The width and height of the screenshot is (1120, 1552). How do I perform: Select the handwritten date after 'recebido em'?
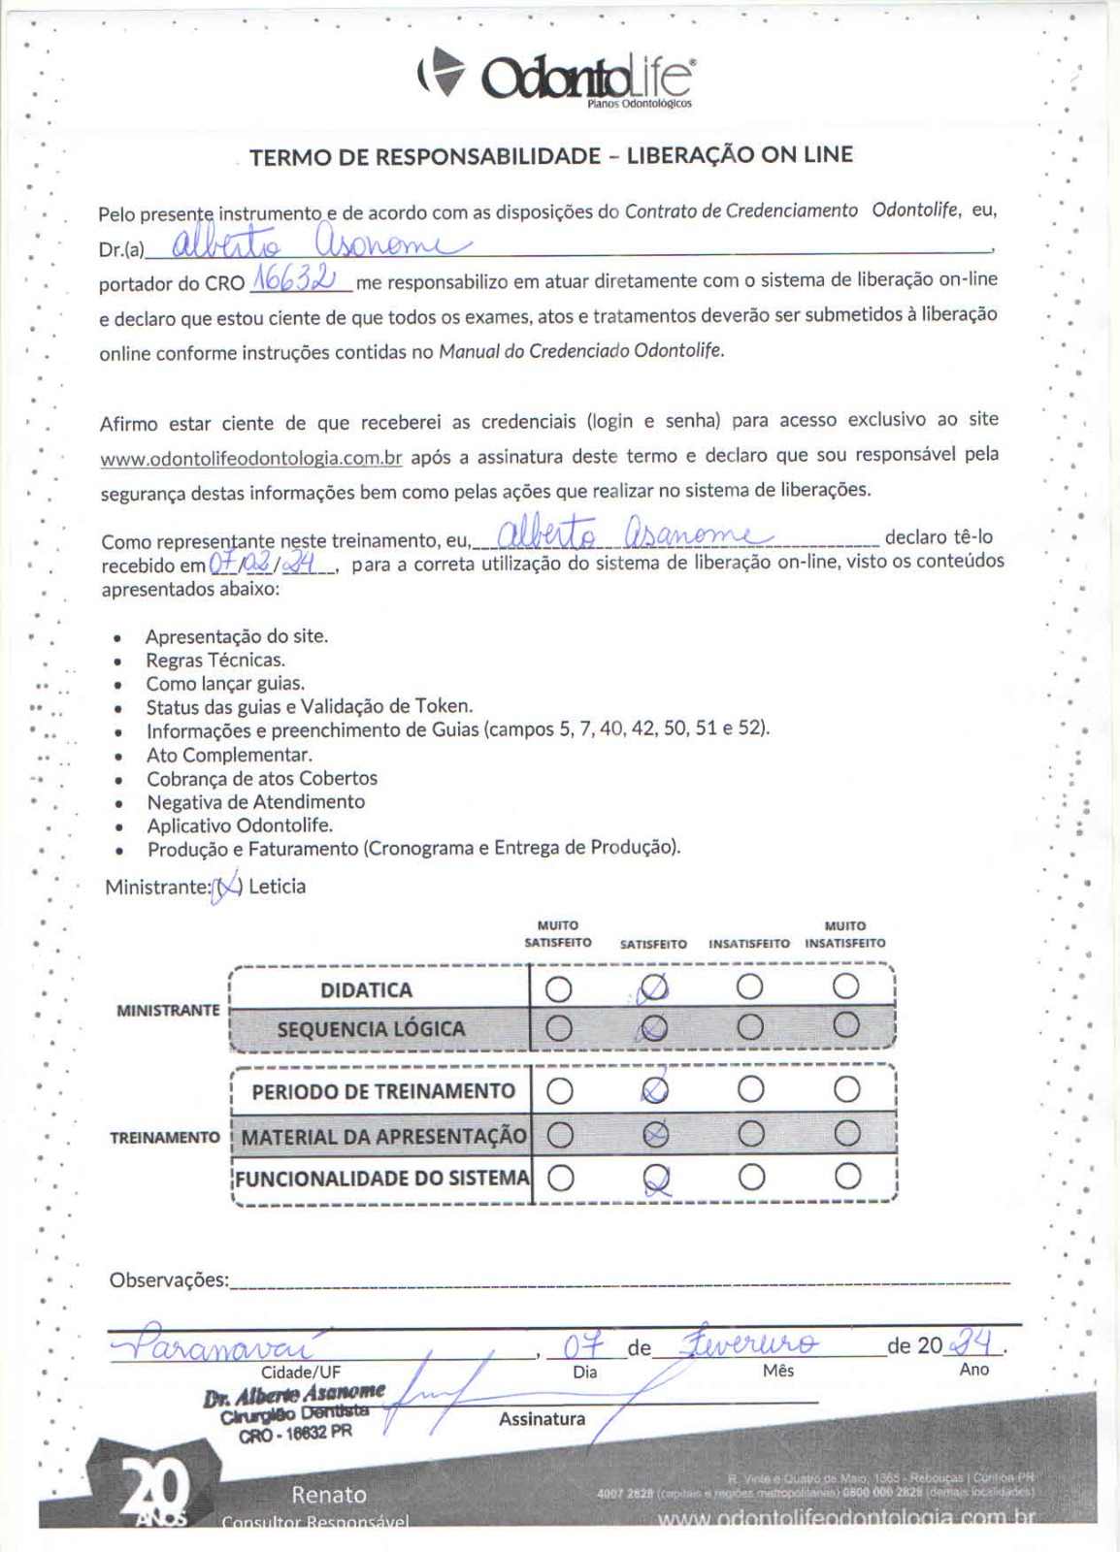click(x=270, y=563)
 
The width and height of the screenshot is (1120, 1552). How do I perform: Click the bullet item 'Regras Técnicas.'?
click(x=214, y=661)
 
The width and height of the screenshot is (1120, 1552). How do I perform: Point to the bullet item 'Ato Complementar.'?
click(x=229, y=755)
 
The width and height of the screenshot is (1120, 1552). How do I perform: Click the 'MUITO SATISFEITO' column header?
click(x=558, y=934)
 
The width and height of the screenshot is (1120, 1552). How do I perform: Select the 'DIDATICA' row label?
click(x=366, y=990)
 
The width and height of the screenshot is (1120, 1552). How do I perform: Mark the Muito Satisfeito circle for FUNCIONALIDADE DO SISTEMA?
click(x=560, y=1178)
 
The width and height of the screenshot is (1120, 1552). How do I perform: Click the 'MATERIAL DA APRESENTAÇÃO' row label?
click(x=383, y=1136)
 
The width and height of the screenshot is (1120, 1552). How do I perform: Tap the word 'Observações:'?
click(x=169, y=1280)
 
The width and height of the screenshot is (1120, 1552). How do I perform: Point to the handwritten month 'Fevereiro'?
click(x=751, y=1344)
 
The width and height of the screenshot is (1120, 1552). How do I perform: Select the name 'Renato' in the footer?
click(x=329, y=1495)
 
